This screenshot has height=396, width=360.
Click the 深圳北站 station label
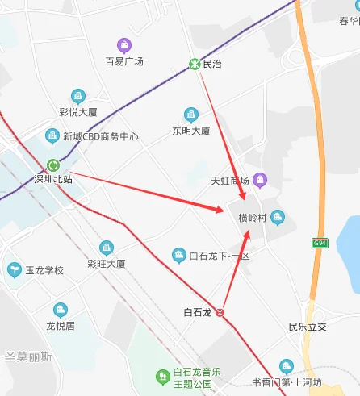point(53,179)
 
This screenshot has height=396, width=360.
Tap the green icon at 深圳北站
point(53,165)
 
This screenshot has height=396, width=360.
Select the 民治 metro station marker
point(195,64)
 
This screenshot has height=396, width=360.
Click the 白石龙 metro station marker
point(220,312)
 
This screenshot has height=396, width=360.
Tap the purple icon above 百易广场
point(123,45)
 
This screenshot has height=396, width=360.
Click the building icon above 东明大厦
point(190,114)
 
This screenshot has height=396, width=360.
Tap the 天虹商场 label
point(229,180)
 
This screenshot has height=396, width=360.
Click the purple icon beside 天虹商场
point(259,179)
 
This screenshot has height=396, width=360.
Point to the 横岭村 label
point(253,218)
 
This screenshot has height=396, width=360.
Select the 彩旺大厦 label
point(107,263)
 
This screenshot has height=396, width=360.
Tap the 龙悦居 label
point(61,326)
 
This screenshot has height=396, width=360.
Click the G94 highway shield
point(320,243)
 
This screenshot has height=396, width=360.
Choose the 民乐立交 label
point(308,327)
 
